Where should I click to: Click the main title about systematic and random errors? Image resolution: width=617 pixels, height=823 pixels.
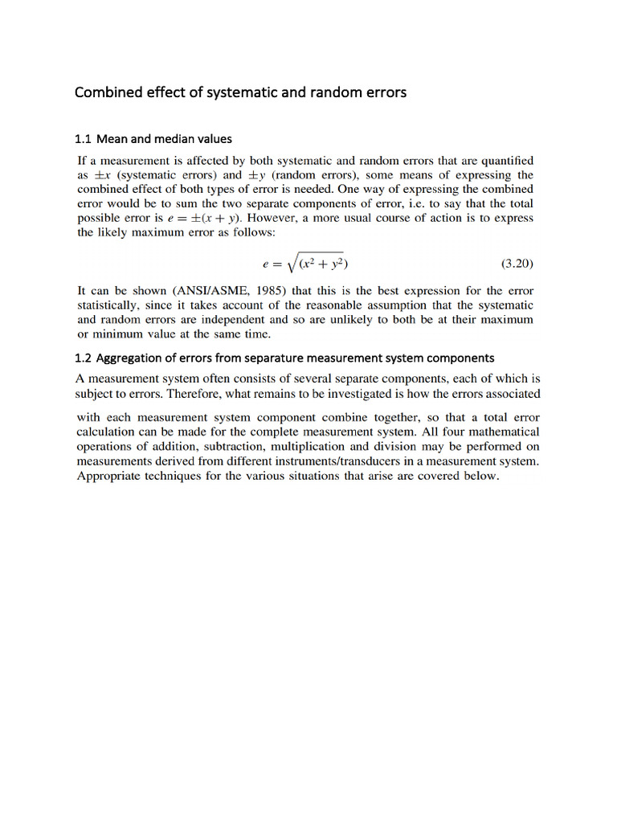click(240, 92)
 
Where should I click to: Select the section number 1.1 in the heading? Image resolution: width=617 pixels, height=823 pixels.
click(84, 139)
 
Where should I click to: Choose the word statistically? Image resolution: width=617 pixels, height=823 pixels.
click(109, 305)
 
